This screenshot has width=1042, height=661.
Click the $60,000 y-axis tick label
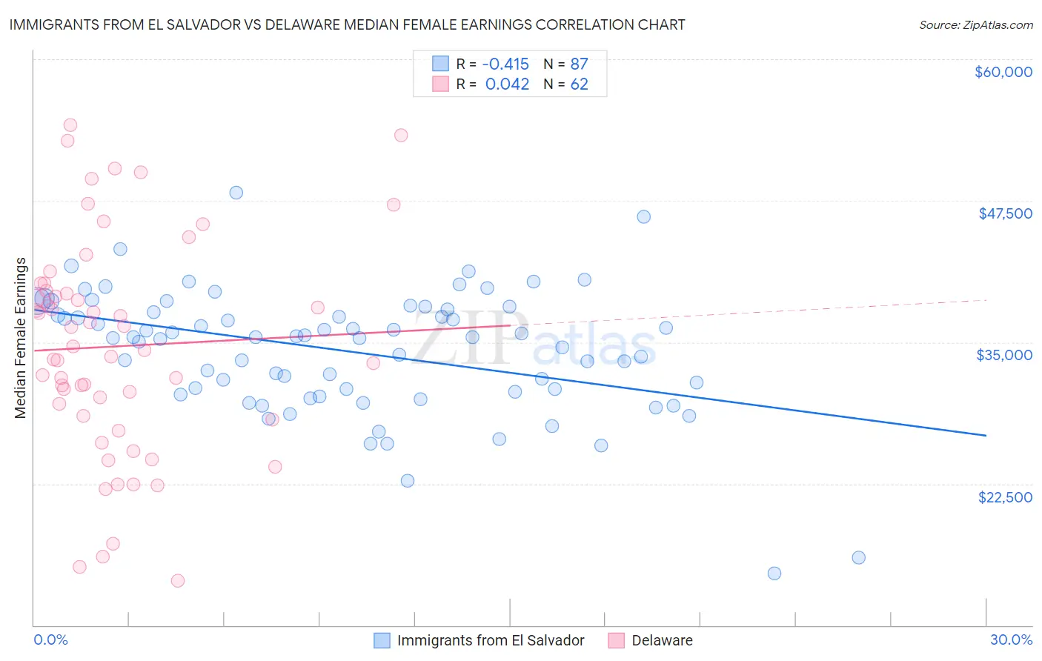point(1003,72)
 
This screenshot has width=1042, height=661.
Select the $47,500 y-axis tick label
point(1005,213)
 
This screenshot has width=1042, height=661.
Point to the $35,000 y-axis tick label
point(1003,355)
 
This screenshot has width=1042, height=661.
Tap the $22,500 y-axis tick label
point(1005,497)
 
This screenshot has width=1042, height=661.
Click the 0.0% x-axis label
point(50,640)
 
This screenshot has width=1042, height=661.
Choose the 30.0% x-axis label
point(1011,640)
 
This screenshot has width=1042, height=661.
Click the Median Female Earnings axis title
point(21,338)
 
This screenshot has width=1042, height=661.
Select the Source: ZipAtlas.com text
point(975,25)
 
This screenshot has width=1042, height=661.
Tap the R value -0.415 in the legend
point(506,64)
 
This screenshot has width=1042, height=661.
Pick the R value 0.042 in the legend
point(507,84)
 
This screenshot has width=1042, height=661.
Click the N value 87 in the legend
point(579,64)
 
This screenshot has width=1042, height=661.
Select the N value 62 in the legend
point(579,84)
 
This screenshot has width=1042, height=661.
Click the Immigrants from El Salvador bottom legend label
point(490,640)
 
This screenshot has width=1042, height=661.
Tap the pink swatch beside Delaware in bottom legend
point(616,640)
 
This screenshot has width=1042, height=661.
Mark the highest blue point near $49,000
point(236,193)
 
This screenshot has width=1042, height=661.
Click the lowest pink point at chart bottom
point(178,580)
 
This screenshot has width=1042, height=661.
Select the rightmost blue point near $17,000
point(858,557)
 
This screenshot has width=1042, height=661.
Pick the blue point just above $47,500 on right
point(643,216)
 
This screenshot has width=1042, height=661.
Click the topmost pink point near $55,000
point(70,124)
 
